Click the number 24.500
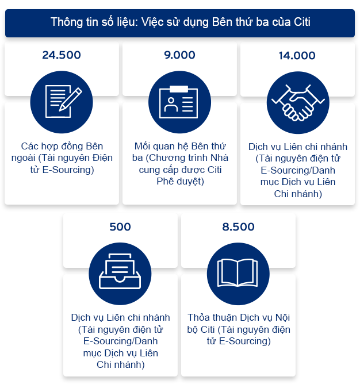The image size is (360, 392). coord(62,55)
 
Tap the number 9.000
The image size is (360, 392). coord(179,55)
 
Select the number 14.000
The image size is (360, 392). coord(297,56)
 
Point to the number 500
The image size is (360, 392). coord(120,226)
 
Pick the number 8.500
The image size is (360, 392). coord(238,226)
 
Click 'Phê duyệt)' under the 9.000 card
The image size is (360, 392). coord(179,181)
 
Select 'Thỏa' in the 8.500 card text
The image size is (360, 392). coord(199,317)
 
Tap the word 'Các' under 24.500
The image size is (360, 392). coord(29,145)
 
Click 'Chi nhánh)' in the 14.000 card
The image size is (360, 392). coord(297,194)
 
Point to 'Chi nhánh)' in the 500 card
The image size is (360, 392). coord(120,364)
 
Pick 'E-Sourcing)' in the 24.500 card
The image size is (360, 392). coord(72,169)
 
